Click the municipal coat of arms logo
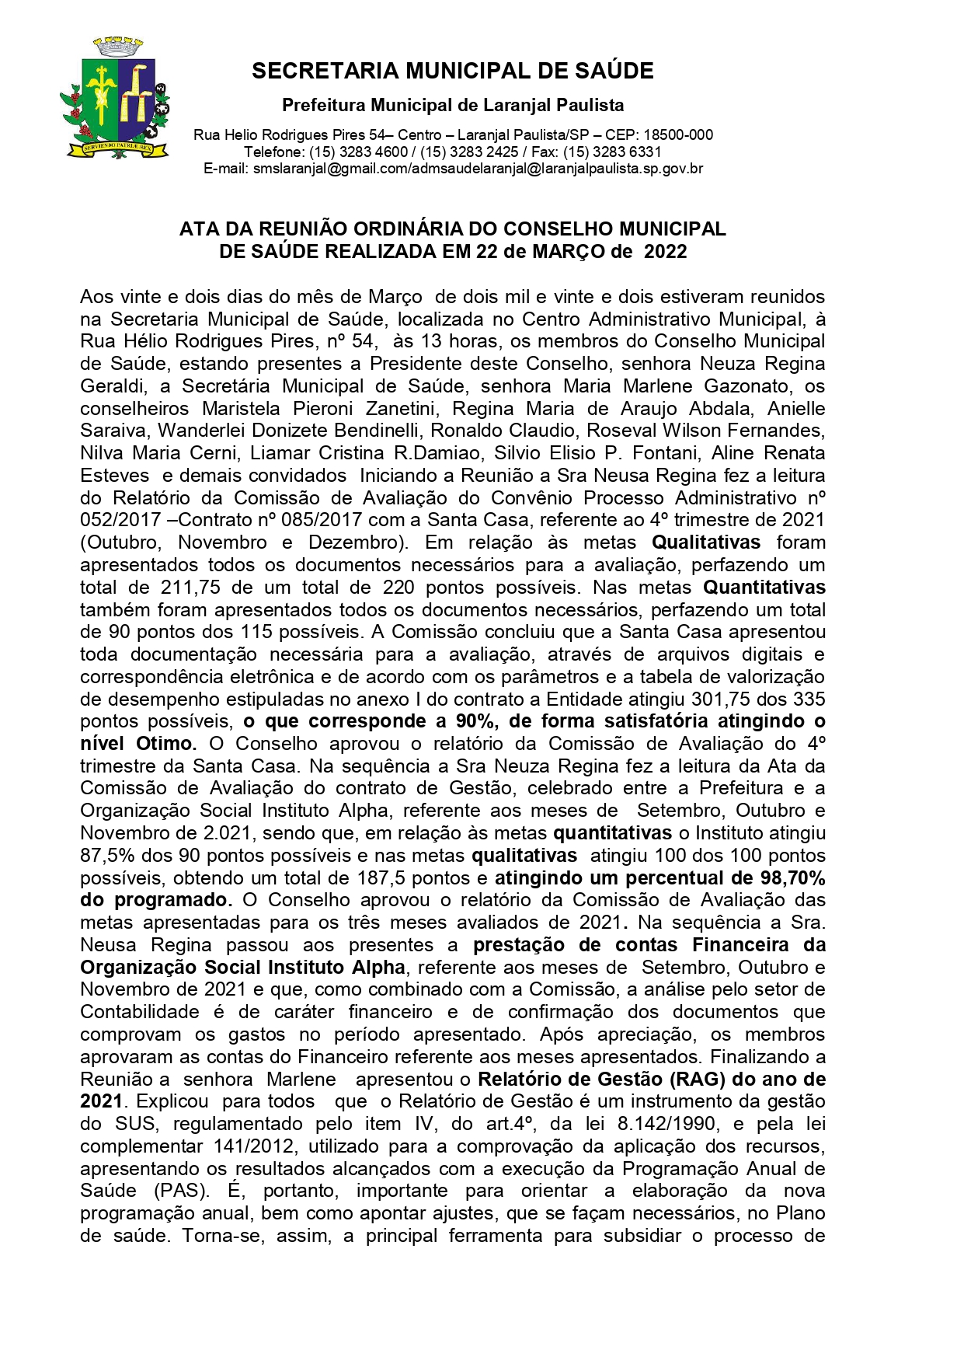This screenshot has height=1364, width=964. pyautogui.click(x=115, y=99)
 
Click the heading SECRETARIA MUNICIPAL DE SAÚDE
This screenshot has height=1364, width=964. pyautogui.click(x=452, y=72)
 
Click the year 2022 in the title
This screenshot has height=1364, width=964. pyautogui.click(x=666, y=252)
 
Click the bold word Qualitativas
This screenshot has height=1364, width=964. pyautogui.click(x=705, y=542)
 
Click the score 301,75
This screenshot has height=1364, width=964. pyautogui.click(x=725, y=699)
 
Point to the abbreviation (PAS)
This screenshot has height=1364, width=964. pyautogui.click(x=182, y=1191)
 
